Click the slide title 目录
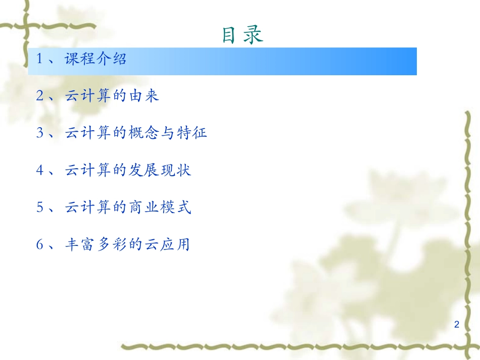[243, 34]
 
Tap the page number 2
[457, 324]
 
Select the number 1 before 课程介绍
[40, 60]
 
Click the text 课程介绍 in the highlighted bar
[96, 60]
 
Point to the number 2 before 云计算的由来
[40, 96]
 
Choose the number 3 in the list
[40, 133]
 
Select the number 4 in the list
[40, 171]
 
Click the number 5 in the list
[40, 208]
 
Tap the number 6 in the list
[40, 245]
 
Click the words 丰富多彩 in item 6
[95, 245]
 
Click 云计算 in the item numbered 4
[87, 171]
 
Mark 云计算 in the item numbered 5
[87, 208]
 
